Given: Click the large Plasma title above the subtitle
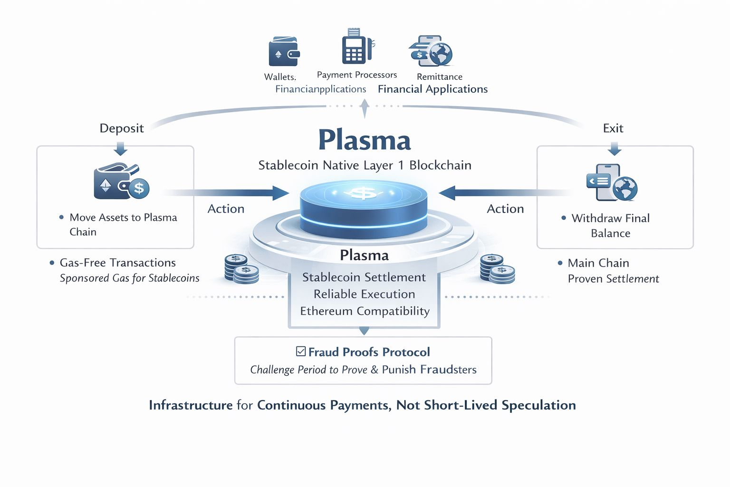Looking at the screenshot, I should pos(365,140).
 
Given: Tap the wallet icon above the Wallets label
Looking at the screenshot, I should pos(284,51).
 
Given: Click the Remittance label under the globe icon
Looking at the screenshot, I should pos(439,77).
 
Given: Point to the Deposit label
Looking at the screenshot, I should pos(122,128).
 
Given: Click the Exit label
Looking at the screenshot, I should pos(613,128).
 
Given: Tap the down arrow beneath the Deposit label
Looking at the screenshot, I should pos(121,149).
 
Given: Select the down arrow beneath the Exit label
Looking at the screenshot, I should pos(615,149).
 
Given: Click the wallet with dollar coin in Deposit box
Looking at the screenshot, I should pos(121,182).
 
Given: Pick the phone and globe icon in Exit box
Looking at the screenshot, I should pos(612,183).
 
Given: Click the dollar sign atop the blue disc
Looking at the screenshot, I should pos(364,193).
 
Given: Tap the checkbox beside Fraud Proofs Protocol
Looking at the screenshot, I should pos(301,351).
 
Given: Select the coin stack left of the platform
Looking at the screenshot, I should pos(241,269).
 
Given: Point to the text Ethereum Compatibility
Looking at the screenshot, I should pos(365,311).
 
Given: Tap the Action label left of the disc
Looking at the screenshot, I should pos(226,209).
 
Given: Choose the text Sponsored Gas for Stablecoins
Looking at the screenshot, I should pos(129,278).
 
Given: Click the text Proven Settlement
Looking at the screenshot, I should pos(613,279).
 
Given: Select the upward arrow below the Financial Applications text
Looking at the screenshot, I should pos(365,108).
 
